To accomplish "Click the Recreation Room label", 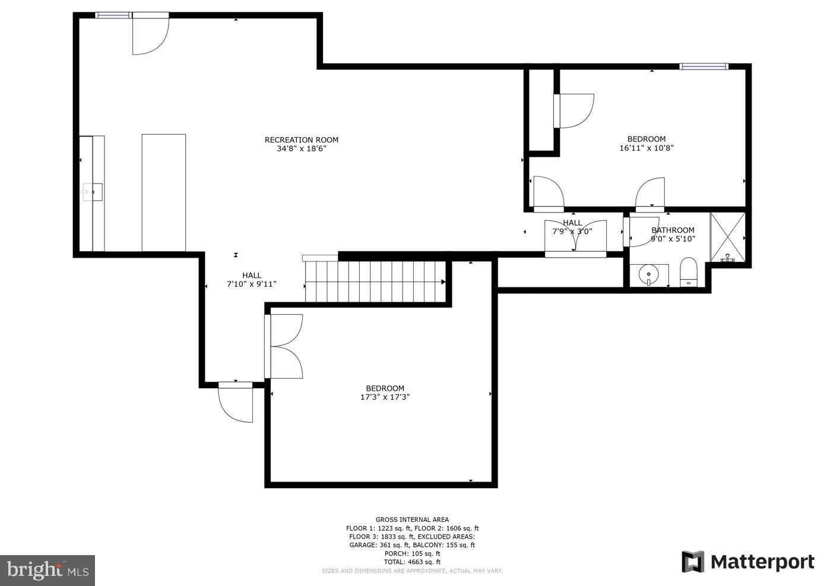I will [x=301, y=140].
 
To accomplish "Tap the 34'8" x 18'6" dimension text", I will [x=301, y=149].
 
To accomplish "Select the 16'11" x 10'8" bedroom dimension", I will [x=646, y=148].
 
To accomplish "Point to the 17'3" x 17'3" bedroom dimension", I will [x=385, y=397].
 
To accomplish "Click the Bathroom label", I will [x=673, y=230].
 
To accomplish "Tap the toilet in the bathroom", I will [x=688, y=272].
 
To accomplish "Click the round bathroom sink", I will [x=648, y=275].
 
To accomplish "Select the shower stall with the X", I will [x=727, y=237].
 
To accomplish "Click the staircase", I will [x=375, y=282].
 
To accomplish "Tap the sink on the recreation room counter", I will [x=93, y=192].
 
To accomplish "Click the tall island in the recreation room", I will [x=163, y=192].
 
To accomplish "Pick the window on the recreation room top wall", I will [x=113, y=15].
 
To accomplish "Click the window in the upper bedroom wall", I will [x=703, y=66].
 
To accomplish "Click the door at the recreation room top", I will [x=150, y=34].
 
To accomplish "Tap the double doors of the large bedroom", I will [x=285, y=346].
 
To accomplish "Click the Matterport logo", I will [x=747, y=562].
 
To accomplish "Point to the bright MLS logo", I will [x=47, y=571].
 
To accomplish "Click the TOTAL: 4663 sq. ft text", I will [x=412, y=562].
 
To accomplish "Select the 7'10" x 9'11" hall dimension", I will [x=251, y=284].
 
